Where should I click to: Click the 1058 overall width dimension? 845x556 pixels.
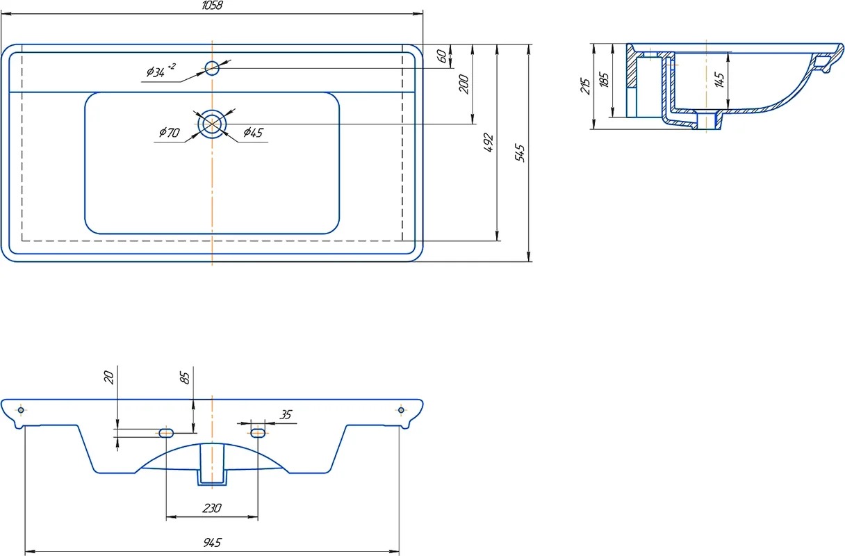(211, 6)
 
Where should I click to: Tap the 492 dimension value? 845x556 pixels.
(489, 142)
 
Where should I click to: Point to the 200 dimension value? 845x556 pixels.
(464, 84)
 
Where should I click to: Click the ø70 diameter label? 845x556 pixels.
(169, 133)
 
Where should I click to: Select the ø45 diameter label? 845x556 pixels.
(253, 133)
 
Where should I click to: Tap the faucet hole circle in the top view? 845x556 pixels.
(212, 67)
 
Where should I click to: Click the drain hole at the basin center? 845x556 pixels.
(212, 124)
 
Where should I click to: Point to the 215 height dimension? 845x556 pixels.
(586, 86)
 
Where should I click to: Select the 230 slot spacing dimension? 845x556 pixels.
(211, 509)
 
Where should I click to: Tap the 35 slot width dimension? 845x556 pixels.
(285, 416)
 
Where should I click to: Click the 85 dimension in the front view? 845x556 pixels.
(185, 378)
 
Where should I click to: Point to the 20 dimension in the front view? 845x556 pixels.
(108, 377)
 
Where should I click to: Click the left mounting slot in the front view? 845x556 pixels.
(166, 433)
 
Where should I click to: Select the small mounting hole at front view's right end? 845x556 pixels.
(401, 410)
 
